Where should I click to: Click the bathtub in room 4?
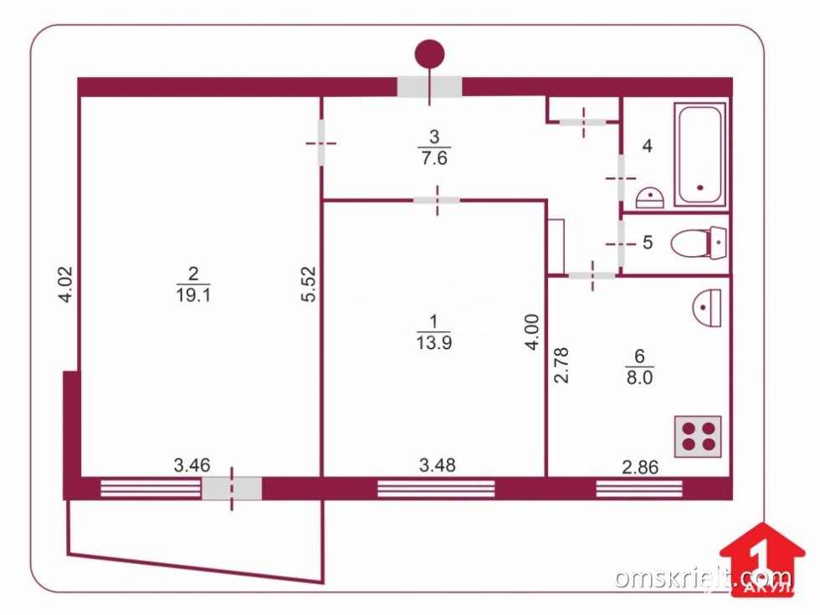click(700, 155)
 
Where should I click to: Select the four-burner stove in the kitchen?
click(697, 435)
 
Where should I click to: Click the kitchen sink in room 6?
click(708, 307)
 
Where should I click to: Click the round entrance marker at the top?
click(429, 54)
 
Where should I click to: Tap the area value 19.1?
click(194, 294)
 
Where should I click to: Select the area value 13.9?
click(433, 340)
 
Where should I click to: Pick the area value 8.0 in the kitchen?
click(638, 377)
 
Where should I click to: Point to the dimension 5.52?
click(308, 284)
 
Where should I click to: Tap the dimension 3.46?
click(191, 464)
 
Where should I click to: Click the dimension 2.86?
click(641, 466)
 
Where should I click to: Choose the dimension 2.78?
click(561, 365)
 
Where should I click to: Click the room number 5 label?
click(647, 243)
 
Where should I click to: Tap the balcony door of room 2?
click(232, 488)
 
